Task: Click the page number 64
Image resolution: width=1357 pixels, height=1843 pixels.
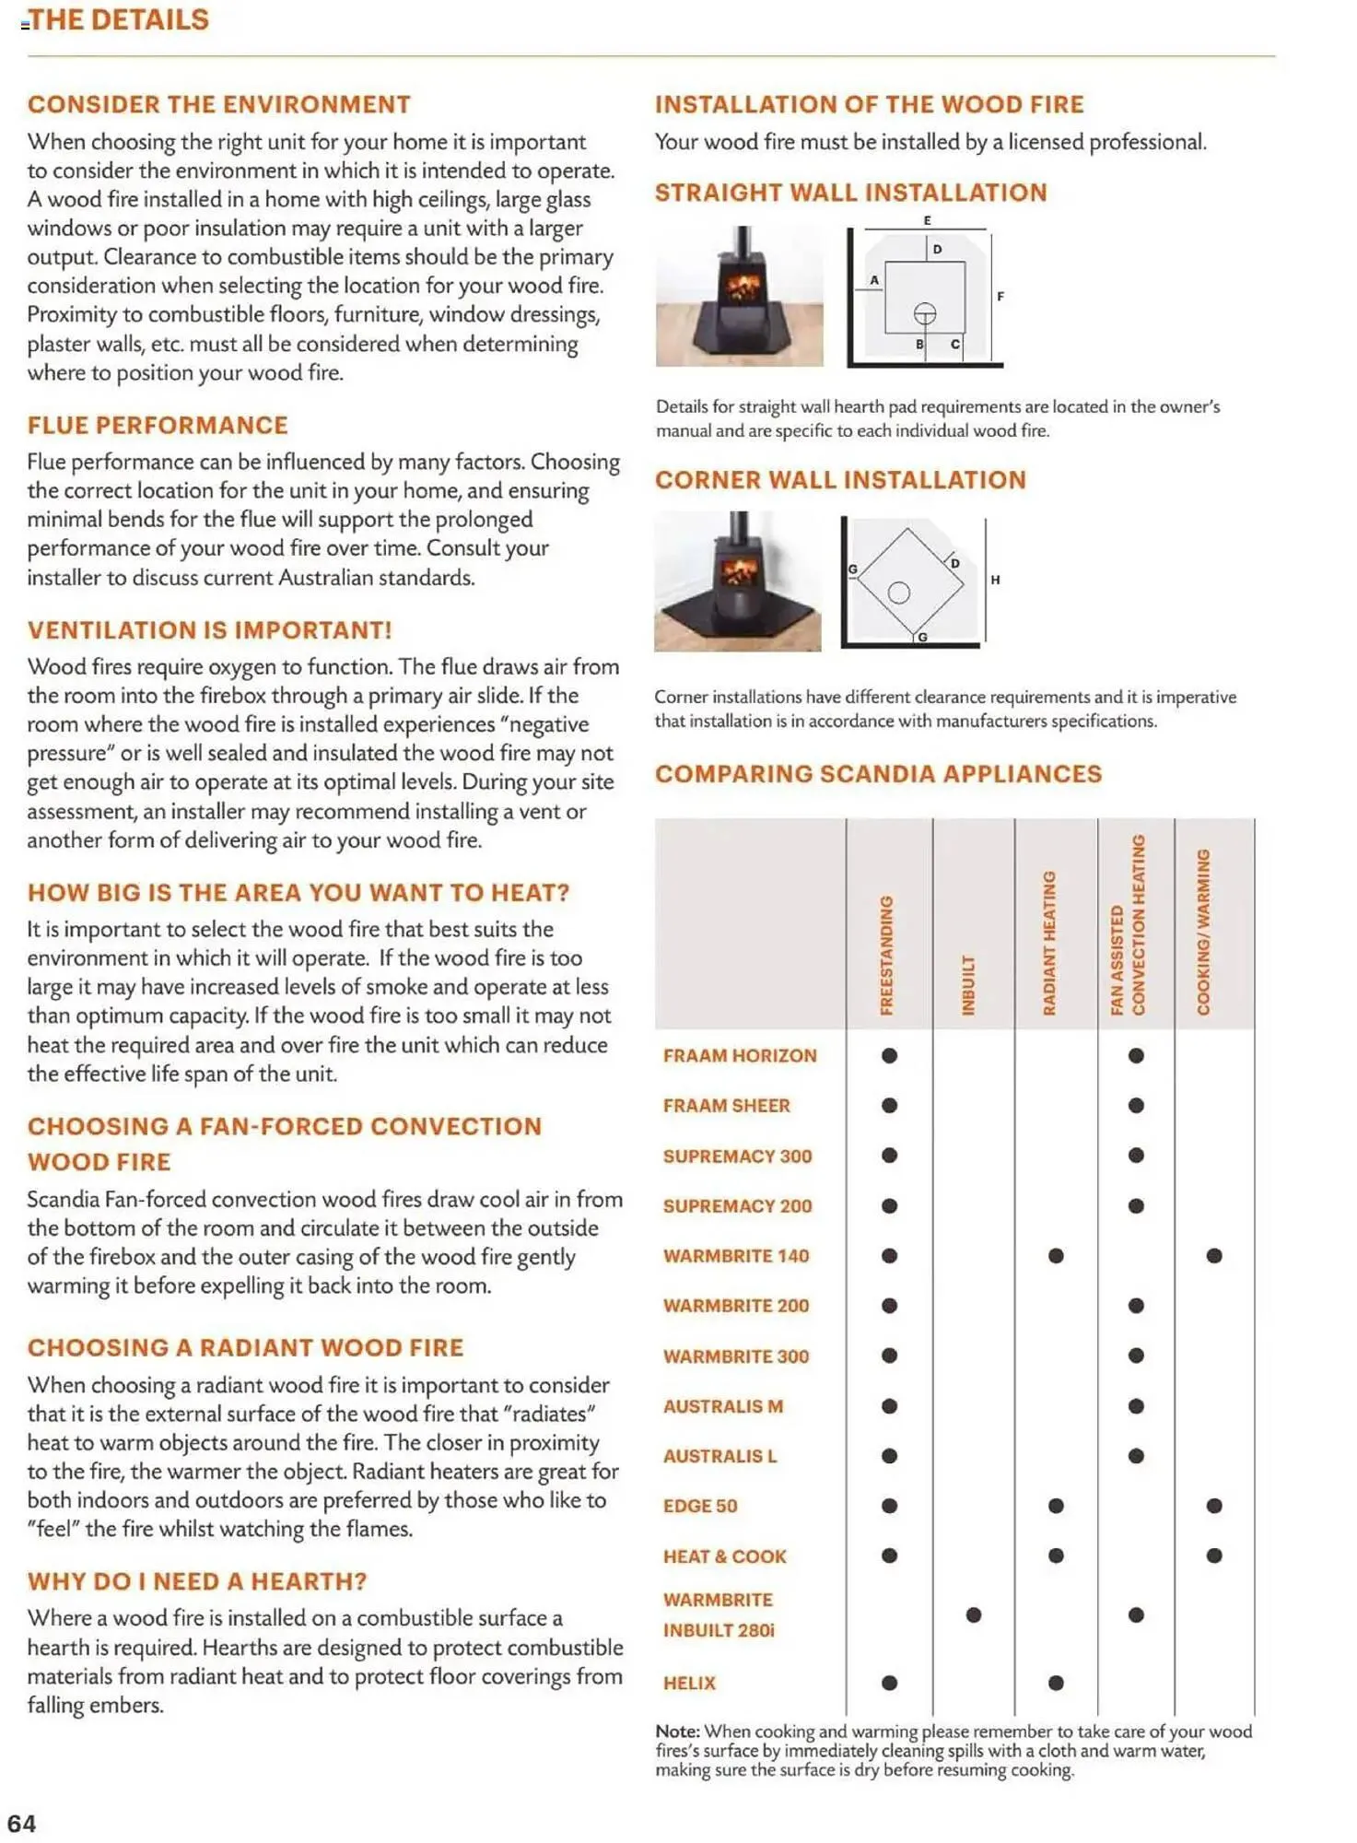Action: [x=21, y=1823]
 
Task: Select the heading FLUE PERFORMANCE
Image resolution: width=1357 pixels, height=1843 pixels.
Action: [x=158, y=425]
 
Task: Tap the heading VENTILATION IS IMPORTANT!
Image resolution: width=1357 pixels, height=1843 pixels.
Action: [x=209, y=630]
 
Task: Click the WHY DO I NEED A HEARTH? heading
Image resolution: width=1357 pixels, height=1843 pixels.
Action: [x=197, y=1581]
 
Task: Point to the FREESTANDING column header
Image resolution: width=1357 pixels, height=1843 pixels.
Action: [x=886, y=955]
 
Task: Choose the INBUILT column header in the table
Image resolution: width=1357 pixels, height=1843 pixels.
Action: [x=968, y=985]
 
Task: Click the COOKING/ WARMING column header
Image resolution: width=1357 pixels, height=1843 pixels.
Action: [x=1203, y=932]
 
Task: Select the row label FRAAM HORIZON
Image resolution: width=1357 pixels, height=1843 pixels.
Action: [x=740, y=1056]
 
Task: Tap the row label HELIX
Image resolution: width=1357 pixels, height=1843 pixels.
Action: [x=689, y=1684]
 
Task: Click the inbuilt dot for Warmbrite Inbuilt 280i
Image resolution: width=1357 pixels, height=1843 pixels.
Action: [x=974, y=1615]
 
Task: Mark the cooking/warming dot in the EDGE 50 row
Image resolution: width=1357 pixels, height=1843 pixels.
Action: [x=1214, y=1506]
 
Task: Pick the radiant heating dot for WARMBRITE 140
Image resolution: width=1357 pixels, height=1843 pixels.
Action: [x=1056, y=1256]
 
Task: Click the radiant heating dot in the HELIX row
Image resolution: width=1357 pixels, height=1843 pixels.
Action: [x=1056, y=1684]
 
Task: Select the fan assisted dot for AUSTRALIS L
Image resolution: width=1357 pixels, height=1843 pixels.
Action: [x=1136, y=1456]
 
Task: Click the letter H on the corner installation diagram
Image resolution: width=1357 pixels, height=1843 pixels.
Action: [x=995, y=580]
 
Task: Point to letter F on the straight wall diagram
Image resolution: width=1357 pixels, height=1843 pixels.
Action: [x=1000, y=297]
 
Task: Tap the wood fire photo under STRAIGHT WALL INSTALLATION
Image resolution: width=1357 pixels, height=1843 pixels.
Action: [x=739, y=296]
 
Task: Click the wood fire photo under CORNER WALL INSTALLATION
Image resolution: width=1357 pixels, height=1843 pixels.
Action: [x=737, y=581]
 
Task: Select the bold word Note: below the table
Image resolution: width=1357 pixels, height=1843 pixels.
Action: [x=677, y=1731]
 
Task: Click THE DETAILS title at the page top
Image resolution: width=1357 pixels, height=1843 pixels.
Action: [x=119, y=19]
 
